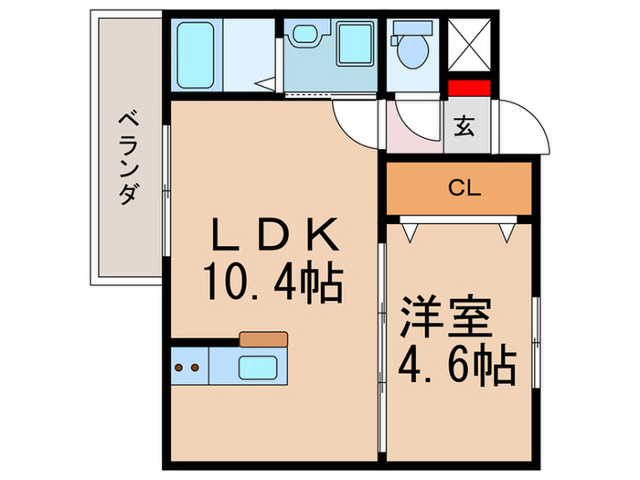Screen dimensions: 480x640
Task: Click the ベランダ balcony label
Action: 129,156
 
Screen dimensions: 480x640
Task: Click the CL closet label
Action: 464,189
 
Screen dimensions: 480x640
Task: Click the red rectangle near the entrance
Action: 469,90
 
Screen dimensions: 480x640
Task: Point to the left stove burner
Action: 179,368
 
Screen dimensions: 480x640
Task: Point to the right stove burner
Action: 194,368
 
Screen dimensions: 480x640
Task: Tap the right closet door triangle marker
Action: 507,232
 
